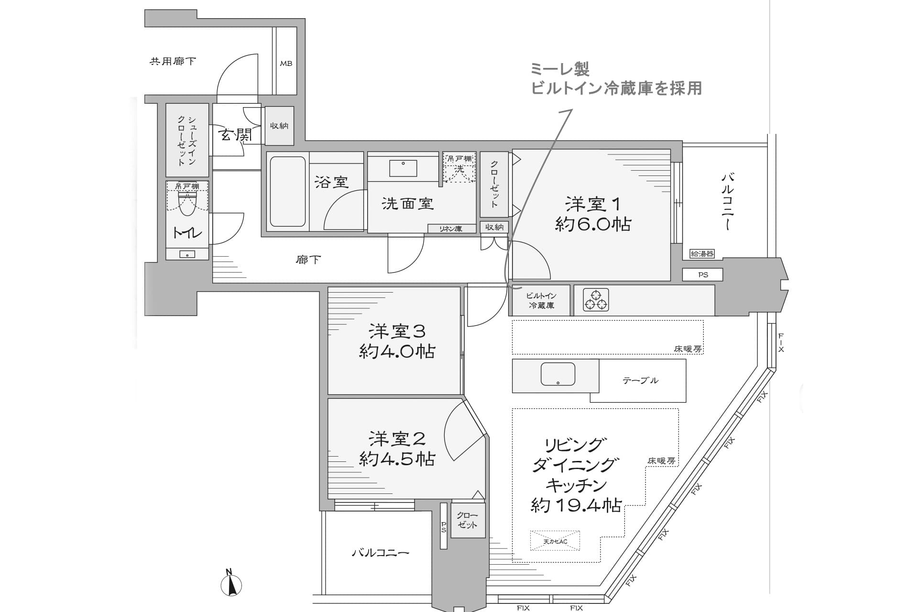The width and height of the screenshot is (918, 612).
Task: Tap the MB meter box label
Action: point(286,63)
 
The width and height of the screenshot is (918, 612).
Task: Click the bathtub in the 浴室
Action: point(287,192)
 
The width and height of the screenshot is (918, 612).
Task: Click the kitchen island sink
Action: point(557,374)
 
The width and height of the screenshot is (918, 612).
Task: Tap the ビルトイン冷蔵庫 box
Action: point(541,301)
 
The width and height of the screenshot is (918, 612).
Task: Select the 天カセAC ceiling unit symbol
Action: point(555,541)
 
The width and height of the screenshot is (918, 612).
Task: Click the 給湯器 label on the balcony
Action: point(702,254)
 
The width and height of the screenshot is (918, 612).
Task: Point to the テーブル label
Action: point(640,381)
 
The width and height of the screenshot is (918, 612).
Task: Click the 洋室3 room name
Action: point(397,331)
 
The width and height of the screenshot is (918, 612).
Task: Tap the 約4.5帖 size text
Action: point(397,459)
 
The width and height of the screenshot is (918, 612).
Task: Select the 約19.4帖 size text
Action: point(576,505)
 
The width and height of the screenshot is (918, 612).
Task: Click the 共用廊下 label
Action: point(173,61)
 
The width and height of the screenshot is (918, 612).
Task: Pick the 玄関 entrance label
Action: point(235,135)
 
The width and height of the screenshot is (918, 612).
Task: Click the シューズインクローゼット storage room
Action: point(187,140)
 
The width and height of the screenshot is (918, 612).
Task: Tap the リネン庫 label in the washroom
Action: point(451,229)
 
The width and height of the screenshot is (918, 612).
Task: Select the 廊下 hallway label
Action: point(308,260)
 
